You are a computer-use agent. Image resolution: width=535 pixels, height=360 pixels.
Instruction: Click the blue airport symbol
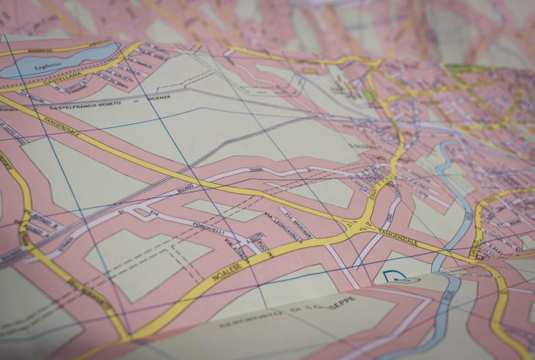[400, 276]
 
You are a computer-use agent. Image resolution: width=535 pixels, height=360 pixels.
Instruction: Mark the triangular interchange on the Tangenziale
[361, 227]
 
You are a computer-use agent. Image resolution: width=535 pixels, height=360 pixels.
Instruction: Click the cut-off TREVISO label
[9, 109]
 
